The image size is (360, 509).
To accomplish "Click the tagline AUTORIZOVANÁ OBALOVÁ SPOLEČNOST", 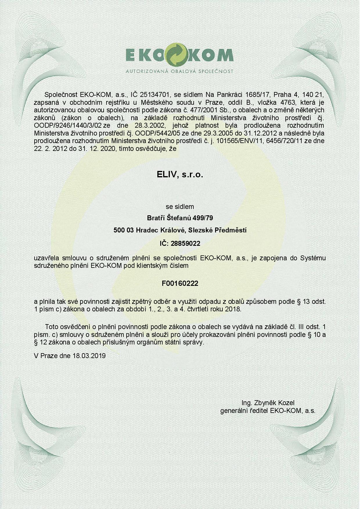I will click(179, 71).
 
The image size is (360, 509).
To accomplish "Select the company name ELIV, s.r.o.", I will click(180, 175).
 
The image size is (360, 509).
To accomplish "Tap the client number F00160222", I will click(180, 284).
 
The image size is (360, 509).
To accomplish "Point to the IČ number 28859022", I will click(186, 243).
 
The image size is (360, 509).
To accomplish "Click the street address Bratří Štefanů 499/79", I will click(180, 218).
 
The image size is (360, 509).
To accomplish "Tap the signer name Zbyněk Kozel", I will click(274, 403).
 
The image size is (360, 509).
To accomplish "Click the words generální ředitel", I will click(244, 411).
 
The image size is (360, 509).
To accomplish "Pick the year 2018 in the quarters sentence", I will click(233, 309).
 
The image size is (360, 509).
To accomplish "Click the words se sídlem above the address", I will click(180, 207).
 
